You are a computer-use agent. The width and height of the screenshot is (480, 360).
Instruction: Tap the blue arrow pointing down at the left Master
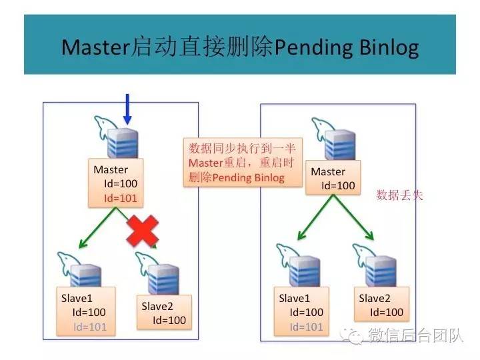click(x=127, y=109)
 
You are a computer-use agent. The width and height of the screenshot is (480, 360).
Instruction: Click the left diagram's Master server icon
click(x=123, y=141)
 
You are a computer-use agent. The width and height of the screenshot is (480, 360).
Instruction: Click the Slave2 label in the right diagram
click(x=375, y=298)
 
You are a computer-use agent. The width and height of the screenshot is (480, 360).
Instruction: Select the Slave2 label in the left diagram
click(x=158, y=306)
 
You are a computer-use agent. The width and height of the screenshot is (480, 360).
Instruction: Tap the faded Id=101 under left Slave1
click(x=90, y=326)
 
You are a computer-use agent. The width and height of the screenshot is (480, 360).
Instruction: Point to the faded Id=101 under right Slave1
click(x=306, y=326)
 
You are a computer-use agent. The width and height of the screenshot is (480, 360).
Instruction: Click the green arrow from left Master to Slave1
click(x=100, y=227)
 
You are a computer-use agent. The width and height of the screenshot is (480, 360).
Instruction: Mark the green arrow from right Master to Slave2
click(x=357, y=222)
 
